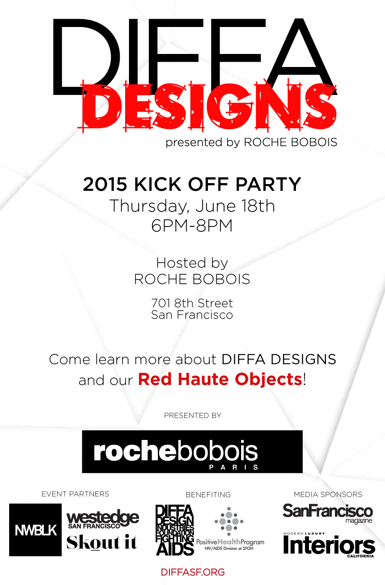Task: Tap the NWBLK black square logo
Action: (36, 530)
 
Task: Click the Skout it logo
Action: (102, 543)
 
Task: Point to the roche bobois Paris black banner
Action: (192, 452)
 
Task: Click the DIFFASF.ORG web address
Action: (193, 572)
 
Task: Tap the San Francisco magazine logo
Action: (328, 513)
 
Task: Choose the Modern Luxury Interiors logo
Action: (329, 545)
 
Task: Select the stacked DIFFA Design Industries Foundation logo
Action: (175, 530)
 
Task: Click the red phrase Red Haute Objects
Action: (220, 379)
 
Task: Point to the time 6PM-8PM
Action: (192, 226)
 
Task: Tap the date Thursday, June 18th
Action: (192, 206)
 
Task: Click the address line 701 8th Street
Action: (192, 303)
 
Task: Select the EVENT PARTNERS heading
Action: (75, 494)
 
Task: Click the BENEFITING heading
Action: (208, 494)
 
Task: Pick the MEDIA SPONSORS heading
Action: (328, 494)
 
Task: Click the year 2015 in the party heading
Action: (105, 185)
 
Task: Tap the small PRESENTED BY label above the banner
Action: (192, 415)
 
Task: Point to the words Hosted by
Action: (192, 263)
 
